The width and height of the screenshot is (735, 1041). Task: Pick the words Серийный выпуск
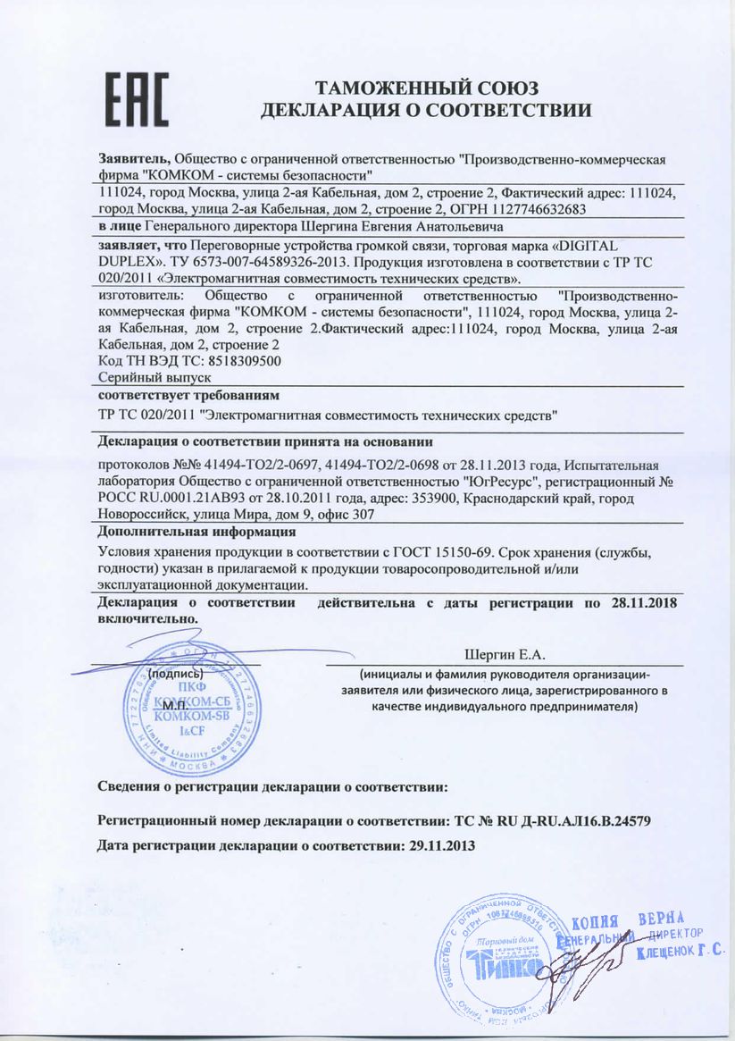(x=141, y=378)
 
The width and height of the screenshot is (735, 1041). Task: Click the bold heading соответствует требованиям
(x=188, y=394)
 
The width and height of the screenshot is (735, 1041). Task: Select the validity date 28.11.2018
(x=642, y=603)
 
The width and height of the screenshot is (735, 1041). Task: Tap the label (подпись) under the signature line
(x=175, y=673)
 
